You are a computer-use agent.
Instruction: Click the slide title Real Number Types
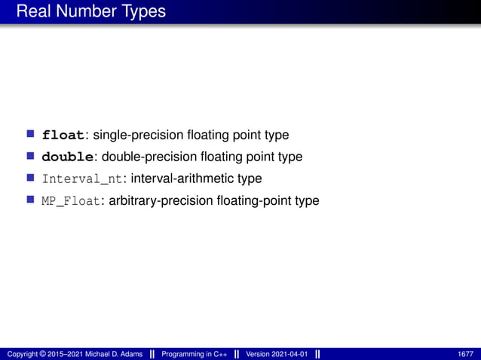[90, 12]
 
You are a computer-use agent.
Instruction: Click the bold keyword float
[63, 136]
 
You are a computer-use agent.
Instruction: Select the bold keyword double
[68, 157]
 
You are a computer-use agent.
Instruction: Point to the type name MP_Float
[70, 201]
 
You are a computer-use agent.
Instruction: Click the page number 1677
[465, 354]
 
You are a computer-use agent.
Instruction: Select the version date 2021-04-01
[290, 354]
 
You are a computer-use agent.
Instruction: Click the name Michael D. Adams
[110, 354]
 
